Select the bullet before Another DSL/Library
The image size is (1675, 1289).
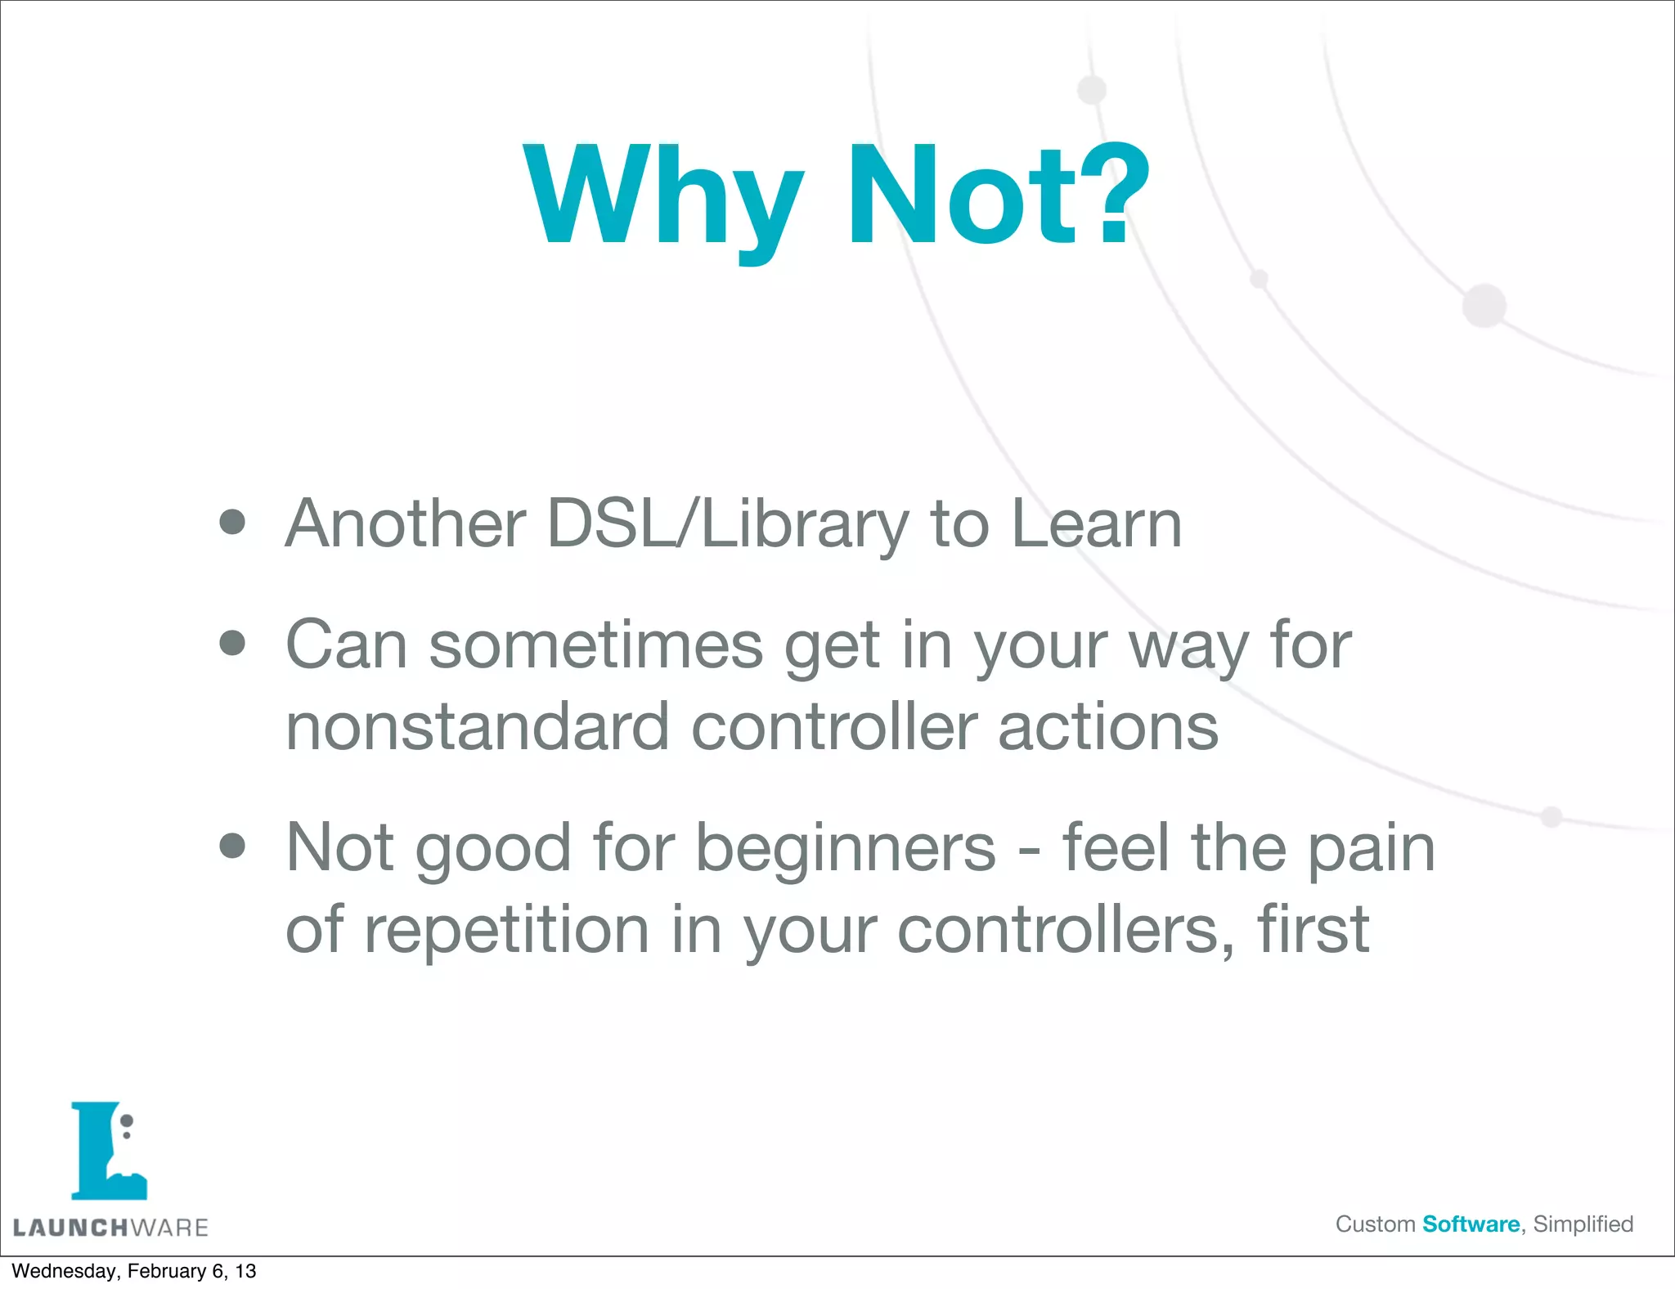tap(233, 523)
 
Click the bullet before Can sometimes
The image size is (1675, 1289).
tap(233, 643)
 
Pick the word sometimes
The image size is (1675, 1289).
tap(596, 645)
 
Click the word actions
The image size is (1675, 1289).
tap(1108, 726)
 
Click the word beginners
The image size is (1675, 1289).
tap(846, 849)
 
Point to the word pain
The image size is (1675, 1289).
tap(1371, 849)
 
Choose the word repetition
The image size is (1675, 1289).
tap(507, 930)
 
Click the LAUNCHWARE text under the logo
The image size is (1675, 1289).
tap(110, 1228)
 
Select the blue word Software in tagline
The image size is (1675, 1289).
tap(1471, 1224)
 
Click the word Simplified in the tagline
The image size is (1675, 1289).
tap(1583, 1224)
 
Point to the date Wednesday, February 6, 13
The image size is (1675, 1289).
tap(133, 1271)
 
